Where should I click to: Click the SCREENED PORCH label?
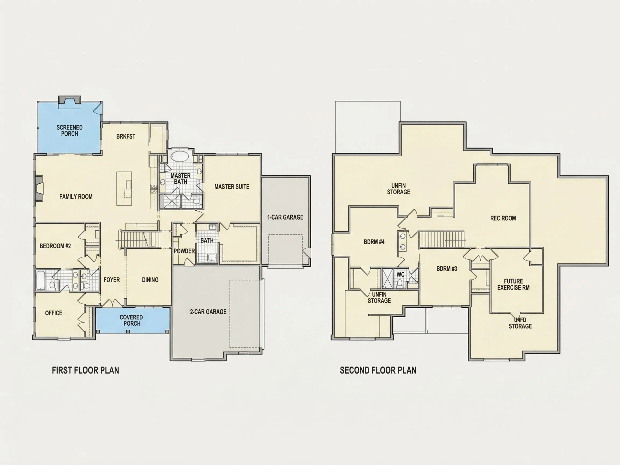point(69,131)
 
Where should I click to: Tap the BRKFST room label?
point(126,136)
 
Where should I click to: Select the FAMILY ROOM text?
point(76,197)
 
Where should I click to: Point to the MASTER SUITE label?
point(232,187)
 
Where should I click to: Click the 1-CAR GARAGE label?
point(285,217)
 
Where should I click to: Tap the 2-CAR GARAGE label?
point(208,312)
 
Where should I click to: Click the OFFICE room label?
point(54,313)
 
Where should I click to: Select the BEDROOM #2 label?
point(55,246)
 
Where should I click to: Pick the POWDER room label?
point(184,251)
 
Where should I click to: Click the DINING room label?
point(150,280)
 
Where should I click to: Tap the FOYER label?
point(112,280)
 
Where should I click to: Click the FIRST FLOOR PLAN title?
point(86,370)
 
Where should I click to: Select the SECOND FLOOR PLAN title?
point(378,370)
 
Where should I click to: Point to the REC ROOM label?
point(503,218)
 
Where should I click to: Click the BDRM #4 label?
point(374,242)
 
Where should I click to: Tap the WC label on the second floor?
point(400,274)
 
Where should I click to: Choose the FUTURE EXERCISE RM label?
point(513,284)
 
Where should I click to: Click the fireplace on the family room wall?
point(39,188)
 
